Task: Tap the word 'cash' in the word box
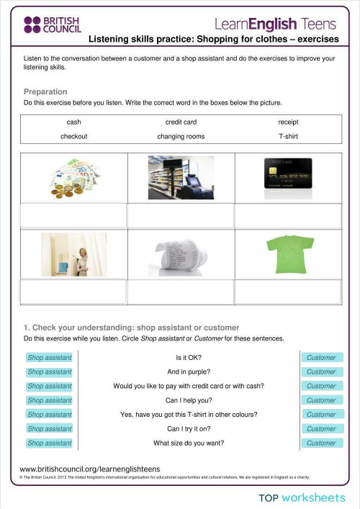click(x=73, y=122)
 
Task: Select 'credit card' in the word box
click(x=181, y=122)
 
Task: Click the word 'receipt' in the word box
click(x=287, y=122)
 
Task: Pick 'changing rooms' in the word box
click(x=181, y=136)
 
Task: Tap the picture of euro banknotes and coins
click(x=74, y=177)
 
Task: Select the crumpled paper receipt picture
click(x=181, y=254)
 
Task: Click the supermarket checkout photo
click(x=181, y=177)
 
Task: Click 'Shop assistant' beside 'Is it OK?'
click(x=50, y=358)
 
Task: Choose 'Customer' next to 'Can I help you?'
click(x=321, y=400)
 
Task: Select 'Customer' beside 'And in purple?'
click(x=321, y=372)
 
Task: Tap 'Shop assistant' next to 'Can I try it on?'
click(x=50, y=429)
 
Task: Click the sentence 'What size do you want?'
click(x=189, y=443)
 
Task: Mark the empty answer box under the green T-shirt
click(x=287, y=292)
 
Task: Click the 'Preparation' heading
click(x=45, y=92)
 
